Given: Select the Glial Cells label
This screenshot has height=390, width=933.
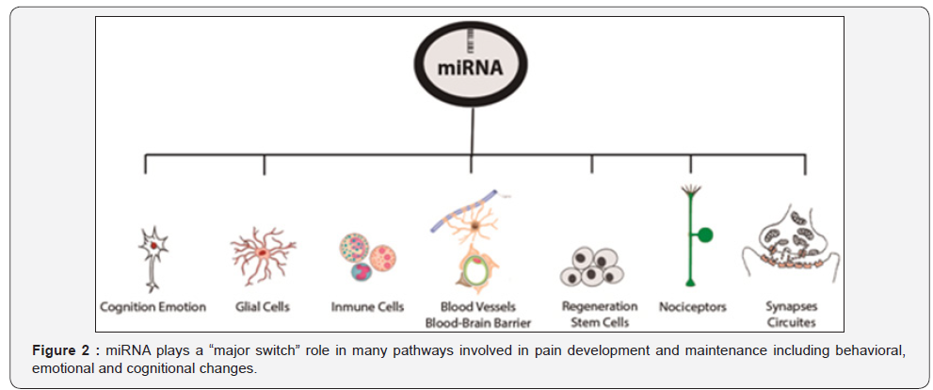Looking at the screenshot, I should tap(263, 306).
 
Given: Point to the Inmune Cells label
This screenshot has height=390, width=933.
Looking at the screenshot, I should tap(366, 306).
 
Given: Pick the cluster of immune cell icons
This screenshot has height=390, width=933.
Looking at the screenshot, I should tap(366, 257).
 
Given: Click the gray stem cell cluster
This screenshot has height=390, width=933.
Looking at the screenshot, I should tap(592, 268).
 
